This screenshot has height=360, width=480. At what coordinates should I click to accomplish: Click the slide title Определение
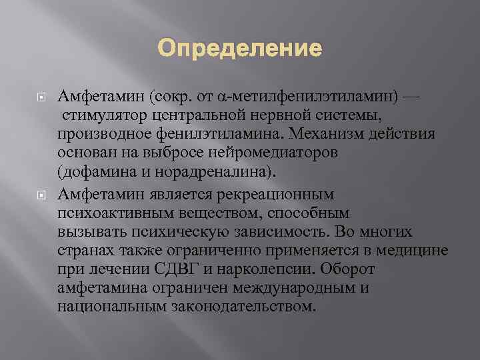239,49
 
